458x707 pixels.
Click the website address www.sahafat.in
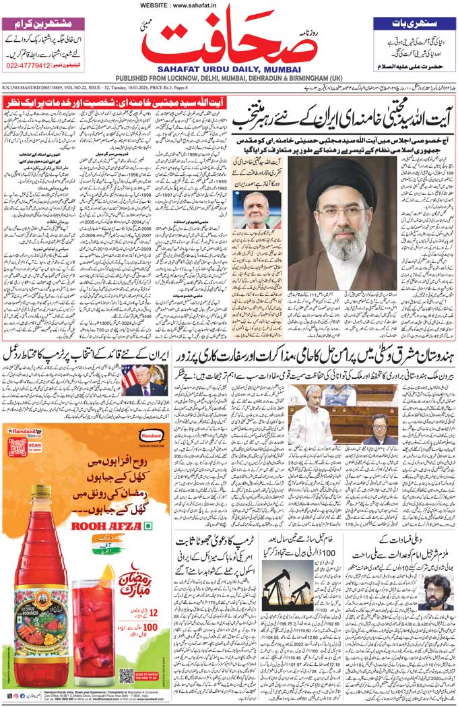[229, 5]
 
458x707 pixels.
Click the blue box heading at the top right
[414, 24]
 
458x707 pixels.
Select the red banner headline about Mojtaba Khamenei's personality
[114, 102]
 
